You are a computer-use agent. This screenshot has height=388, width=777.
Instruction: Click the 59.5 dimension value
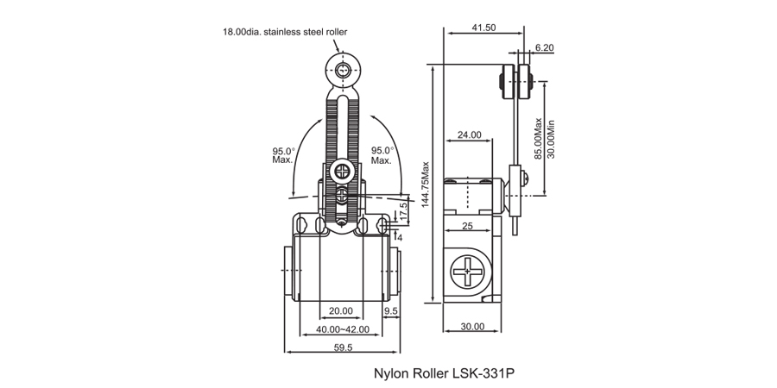pos(344,347)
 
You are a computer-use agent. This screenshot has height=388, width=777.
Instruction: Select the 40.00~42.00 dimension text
pos(343,329)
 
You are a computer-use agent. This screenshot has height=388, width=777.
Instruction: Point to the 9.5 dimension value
pos(390,311)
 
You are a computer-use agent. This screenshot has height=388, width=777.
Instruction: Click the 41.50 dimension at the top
pos(483,28)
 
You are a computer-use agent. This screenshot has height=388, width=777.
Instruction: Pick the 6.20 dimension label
pos(544,48)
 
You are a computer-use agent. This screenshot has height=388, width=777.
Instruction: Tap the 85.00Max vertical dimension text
pos(539,141)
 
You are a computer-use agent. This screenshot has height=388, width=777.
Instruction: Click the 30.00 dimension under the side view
pos(472,327)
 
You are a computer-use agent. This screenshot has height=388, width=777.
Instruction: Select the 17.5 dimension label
pos(404,210)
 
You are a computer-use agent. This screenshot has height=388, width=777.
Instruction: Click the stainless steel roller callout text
pos(285,32)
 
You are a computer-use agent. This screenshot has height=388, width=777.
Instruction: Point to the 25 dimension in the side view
pos(466,227)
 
